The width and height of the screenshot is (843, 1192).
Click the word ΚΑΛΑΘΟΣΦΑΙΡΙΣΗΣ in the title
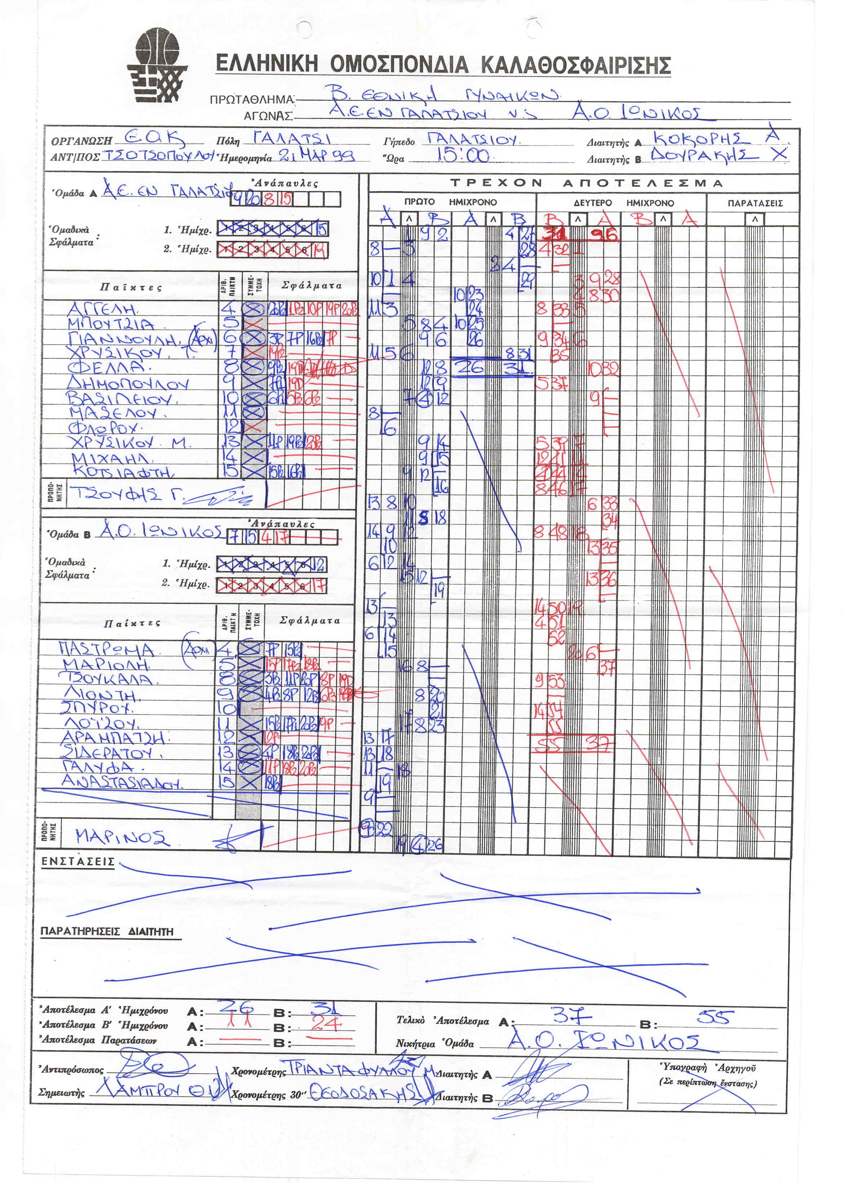[576, 65]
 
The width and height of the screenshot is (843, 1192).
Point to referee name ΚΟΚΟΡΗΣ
[701, 138]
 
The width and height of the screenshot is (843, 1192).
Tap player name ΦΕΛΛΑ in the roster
[106, 367]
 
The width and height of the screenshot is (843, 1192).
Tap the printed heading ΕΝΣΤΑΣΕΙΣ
[78, 862]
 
